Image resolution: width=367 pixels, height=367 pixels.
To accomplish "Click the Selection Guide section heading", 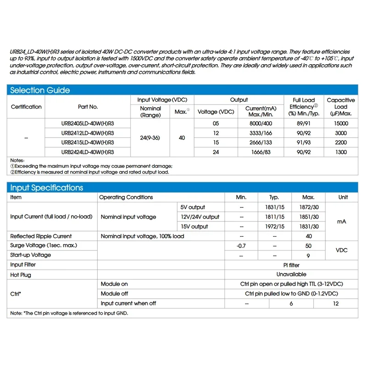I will [40, 90].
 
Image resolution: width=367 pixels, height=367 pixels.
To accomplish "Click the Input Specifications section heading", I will [46, 188].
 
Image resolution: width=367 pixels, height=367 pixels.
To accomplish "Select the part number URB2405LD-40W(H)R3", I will [88, 123].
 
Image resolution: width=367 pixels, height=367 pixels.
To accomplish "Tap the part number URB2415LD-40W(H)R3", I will [88, 142].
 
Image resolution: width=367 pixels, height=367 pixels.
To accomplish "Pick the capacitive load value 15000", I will [341, 123].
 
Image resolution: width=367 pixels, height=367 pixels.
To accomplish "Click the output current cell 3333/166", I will [258, 133].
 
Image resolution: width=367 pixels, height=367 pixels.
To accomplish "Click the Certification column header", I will [26, 107].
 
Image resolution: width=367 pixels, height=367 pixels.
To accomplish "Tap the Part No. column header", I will [88, 107].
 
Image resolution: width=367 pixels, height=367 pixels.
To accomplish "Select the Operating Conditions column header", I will [126, 197].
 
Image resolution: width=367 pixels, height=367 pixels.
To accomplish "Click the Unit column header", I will [343, 197].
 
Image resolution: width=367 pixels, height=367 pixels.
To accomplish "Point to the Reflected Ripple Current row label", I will [41, 236].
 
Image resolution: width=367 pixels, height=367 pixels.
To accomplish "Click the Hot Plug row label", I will [21, 274].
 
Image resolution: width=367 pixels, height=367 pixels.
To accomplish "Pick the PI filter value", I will [291, 265].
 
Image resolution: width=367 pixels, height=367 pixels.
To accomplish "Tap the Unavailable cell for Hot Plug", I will [291, 274].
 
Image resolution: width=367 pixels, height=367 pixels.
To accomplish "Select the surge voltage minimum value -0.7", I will [241, 245].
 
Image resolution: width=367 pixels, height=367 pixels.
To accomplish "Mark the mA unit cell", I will [342, 222].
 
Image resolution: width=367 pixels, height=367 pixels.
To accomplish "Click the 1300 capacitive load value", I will [341, 152].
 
